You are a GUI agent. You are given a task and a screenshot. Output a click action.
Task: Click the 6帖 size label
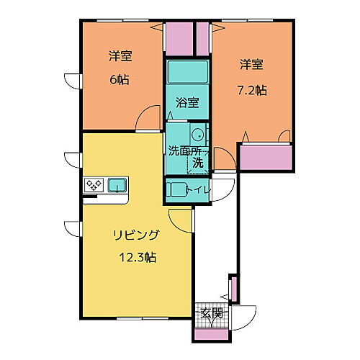coord(119,80)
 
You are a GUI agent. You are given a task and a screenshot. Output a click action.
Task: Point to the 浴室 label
coord(187,102)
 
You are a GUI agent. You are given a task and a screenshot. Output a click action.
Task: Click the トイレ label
coord(200,189)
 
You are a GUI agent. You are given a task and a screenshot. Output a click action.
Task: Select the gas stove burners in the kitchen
coord(94,185)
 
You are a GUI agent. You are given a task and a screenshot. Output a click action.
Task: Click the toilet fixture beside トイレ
coord(176,190)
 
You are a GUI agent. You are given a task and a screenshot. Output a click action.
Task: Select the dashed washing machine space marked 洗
coord(197,163)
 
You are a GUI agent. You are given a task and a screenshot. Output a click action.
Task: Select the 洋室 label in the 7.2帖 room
coord(251,65)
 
